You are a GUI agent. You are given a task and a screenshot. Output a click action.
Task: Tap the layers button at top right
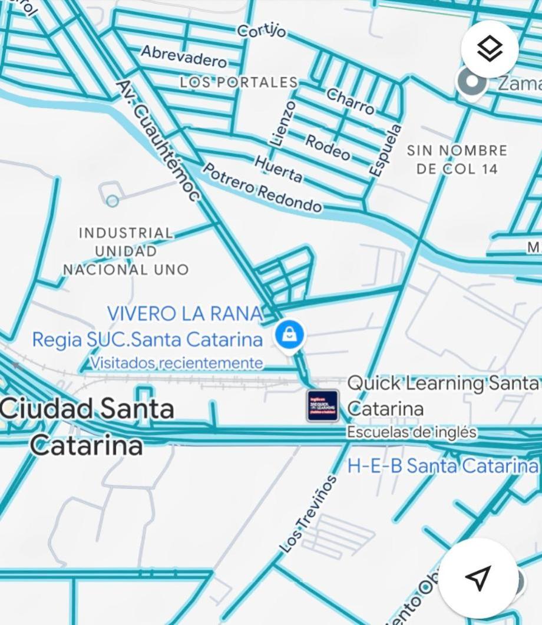(x=490, y=49)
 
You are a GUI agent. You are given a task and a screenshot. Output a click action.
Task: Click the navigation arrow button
(x=478, y=577)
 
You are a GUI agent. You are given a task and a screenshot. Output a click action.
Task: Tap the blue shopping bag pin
(x=289, y=336)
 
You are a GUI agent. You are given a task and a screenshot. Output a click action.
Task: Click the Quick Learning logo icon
(x=322, y=405)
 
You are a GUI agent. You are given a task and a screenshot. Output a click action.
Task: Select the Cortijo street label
(x=262, y=31)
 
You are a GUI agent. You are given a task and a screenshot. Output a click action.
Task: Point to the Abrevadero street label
(x=184, y=57)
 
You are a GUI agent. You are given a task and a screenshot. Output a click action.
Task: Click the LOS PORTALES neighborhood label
(x=239, y=82)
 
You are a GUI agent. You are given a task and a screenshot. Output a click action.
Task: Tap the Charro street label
(x=351, y=101)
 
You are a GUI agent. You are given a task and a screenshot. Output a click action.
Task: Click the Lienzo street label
(x=282, y=123)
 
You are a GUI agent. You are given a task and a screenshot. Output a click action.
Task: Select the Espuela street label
(x=386, y=149)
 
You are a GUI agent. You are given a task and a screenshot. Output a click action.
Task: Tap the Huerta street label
(x=279, y=168)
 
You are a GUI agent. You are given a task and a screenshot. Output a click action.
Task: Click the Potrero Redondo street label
(x=263, y=188)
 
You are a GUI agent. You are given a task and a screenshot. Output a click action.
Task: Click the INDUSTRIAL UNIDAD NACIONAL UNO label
(x=126, y=252)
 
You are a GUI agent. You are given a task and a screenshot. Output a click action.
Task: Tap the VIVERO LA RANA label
(x=184, y=313)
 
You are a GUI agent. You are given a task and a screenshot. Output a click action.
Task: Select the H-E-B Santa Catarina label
(x=442, y=465)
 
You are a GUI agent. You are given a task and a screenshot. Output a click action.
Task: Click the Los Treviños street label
(x=308, y=514)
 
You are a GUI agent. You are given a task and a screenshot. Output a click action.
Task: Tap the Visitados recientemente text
(x=177, y=363)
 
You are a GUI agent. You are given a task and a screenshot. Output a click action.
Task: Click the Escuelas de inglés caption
(x=411, y=432)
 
